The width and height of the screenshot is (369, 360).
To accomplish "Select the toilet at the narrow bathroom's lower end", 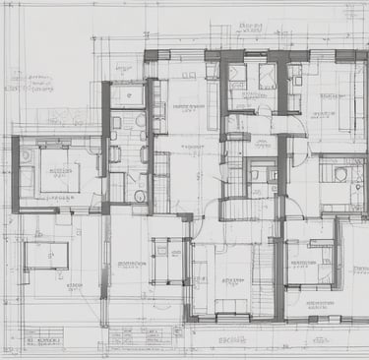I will click(140, 196).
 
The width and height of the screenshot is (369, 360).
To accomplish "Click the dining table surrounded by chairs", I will click(164, 258).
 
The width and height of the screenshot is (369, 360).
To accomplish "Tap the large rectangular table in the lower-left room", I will click(45, 256).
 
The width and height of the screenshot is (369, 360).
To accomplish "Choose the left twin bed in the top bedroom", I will click(237, 76).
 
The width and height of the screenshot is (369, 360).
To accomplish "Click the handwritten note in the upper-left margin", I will click(28, 81).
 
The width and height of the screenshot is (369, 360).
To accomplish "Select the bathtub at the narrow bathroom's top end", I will click(127, 95).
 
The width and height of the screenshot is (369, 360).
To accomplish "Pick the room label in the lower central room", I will click(232, 279).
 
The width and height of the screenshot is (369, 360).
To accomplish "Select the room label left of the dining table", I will click(131, 264).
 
